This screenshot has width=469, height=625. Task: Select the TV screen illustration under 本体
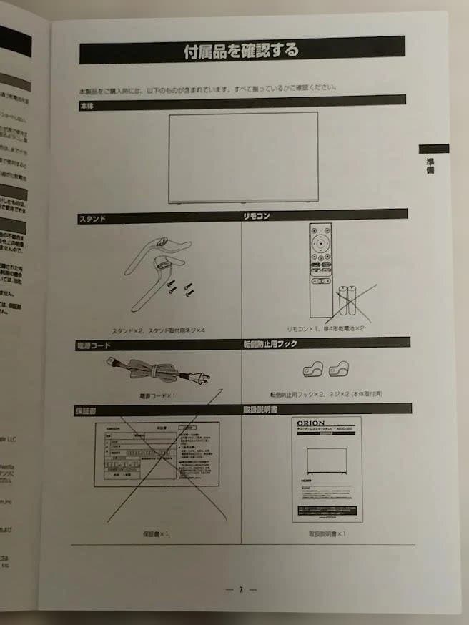tap(243, 158)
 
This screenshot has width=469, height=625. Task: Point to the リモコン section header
tap(257, 215)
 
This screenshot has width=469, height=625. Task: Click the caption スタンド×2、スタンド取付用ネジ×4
tap(159, 330)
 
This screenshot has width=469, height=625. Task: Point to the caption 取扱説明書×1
tap(327, 533)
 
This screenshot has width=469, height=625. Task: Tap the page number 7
tap(241, 590)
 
